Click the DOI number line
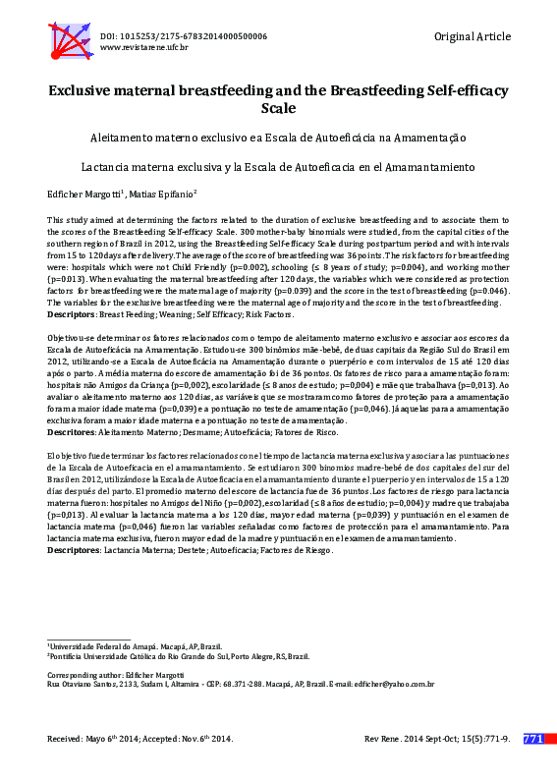click(x=183, y=35)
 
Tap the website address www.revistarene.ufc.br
click(x=144, y=47)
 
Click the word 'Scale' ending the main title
click(x=279, y=108)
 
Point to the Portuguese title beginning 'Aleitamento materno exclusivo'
click(x=278, y=137)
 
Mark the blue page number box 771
click(x=533, y=738)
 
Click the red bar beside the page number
click(x=550, y=738)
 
